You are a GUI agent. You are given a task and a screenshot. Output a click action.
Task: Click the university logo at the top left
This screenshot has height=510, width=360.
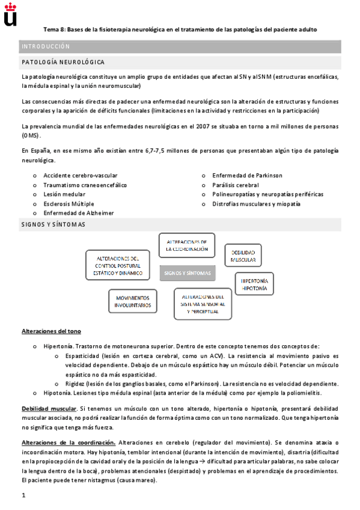[x=10, y=14]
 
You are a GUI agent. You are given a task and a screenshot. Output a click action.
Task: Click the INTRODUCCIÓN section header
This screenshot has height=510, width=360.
[x=46, y=46]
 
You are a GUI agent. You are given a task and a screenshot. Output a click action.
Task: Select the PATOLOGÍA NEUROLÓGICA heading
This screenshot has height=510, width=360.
[x=63, y=62]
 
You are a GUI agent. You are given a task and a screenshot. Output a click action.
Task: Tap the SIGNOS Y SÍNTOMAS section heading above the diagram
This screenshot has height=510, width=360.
[x=53, y=224]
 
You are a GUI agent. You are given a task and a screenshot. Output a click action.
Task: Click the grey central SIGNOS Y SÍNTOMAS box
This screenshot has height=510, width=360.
[x=188, y=273]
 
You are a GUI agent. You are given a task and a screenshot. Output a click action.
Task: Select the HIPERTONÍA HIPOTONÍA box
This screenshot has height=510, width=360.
[x=255, y=284]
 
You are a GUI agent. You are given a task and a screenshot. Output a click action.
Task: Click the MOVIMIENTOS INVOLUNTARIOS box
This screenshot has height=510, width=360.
[x=133, y=301]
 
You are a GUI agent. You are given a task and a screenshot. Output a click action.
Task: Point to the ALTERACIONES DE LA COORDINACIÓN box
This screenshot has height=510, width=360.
[x=187, y=245]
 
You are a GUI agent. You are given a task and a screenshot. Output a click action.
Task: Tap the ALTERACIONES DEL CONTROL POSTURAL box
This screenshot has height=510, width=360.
[x=118, y=265]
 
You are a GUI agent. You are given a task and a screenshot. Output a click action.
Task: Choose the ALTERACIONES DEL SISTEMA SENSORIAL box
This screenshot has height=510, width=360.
[x=203, y=304]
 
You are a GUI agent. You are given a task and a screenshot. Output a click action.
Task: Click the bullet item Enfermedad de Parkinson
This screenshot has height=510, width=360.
[x=247, y=176]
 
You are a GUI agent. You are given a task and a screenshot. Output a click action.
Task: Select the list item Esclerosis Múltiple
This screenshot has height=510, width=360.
[x=69, y=204]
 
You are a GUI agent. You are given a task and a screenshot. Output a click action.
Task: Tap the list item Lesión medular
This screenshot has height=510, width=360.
[x=64, y=194]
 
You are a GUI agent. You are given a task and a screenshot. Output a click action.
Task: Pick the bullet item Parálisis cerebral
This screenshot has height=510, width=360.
[x=236, y=185]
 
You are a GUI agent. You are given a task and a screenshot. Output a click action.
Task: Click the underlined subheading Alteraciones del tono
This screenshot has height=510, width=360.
[x=51, y=331]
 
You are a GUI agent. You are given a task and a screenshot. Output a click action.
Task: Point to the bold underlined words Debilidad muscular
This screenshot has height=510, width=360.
[x=49, y=408]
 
